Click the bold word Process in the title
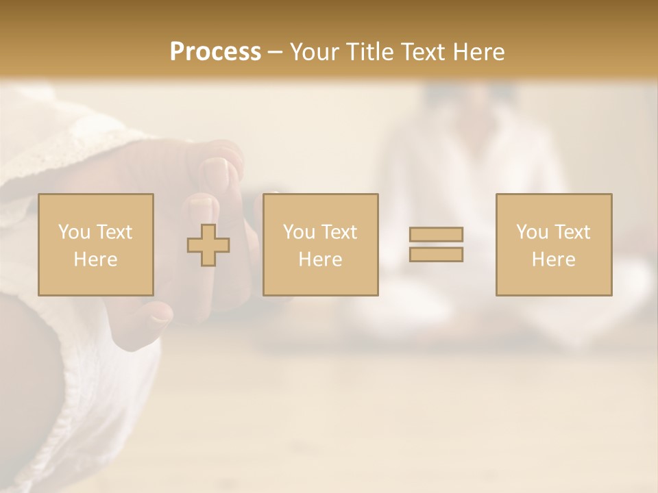(x=215, y=52)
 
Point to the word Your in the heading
(x=315, y=52)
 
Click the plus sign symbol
(x=208, y=245)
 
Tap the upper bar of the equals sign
(x=436, y=234)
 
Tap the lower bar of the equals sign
(x=436, y=255)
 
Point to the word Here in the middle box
(x=321, y=260)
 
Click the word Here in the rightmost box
(x=554, y=260)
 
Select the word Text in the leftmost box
(x=114, y=232)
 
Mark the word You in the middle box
(x=299, y=232)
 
